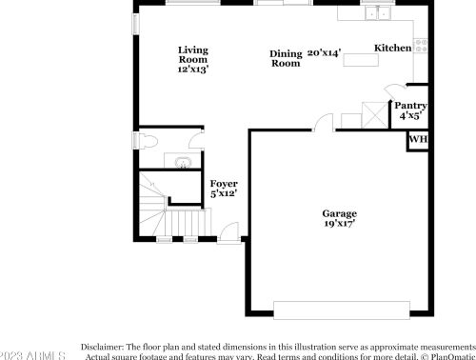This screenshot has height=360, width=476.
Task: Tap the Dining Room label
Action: tap(286, 59)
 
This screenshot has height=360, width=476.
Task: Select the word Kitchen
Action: tap(392, 48)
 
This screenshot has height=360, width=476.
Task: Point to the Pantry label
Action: tap(410, 106)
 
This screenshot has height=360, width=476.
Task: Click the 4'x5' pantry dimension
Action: tap(410, 115)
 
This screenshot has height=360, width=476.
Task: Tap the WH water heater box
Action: tap(417, 140)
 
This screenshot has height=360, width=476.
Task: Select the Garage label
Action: tap(338, 215)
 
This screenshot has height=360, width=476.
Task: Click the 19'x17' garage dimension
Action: tap(338, 227)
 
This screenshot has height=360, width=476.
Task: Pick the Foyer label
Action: tap(224, 183)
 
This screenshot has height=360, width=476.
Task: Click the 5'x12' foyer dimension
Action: tap(224, 193)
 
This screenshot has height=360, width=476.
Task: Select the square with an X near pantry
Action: tap(376, 115)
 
